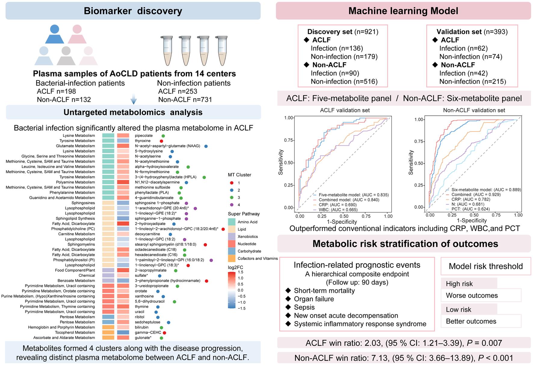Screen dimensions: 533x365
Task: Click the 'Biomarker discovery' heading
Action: pos(133,11)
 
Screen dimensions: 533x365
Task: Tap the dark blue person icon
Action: pos(55,34)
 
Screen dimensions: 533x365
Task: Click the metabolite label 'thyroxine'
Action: pos(143,141)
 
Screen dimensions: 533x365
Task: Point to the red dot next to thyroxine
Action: pos(162,141)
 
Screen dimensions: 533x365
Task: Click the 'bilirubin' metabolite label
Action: pos(141,327)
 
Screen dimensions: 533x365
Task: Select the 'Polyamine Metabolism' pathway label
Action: pos(75,182)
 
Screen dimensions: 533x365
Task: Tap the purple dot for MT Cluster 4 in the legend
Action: pos(232,205)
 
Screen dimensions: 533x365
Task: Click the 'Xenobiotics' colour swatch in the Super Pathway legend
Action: pos(232,237)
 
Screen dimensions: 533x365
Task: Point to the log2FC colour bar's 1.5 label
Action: pos(241,272)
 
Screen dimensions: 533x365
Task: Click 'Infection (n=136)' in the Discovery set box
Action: pos(337,48)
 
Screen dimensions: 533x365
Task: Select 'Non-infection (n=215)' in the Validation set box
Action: pos(473,82)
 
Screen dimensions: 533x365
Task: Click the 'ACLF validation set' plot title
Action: pos(345,110)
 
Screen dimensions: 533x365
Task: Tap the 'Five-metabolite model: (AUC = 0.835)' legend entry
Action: pos(354,195)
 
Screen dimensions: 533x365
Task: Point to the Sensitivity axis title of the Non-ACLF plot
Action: pos(411,162)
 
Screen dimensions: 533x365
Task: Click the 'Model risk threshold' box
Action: pos(486,266)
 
